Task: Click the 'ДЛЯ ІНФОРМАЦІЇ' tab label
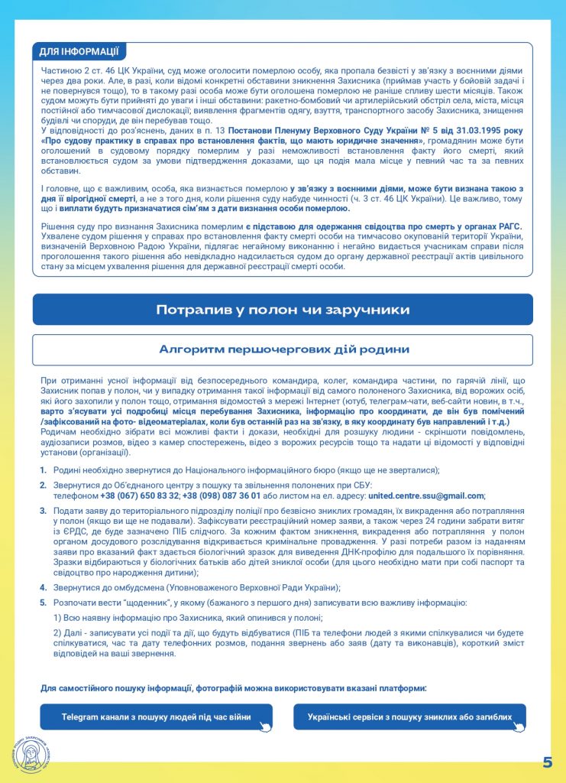[x=79, y=52]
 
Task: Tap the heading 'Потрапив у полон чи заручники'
[x=283, y=310]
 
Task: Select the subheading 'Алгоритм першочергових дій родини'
[x=283, y=349]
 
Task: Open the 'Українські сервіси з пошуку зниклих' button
[x=409, y=717]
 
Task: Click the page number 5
[x=547, y=762]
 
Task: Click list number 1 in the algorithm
[x=43, y=469]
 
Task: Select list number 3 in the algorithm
[x=43, y=509]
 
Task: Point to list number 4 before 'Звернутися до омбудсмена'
[x=43, y=588]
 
